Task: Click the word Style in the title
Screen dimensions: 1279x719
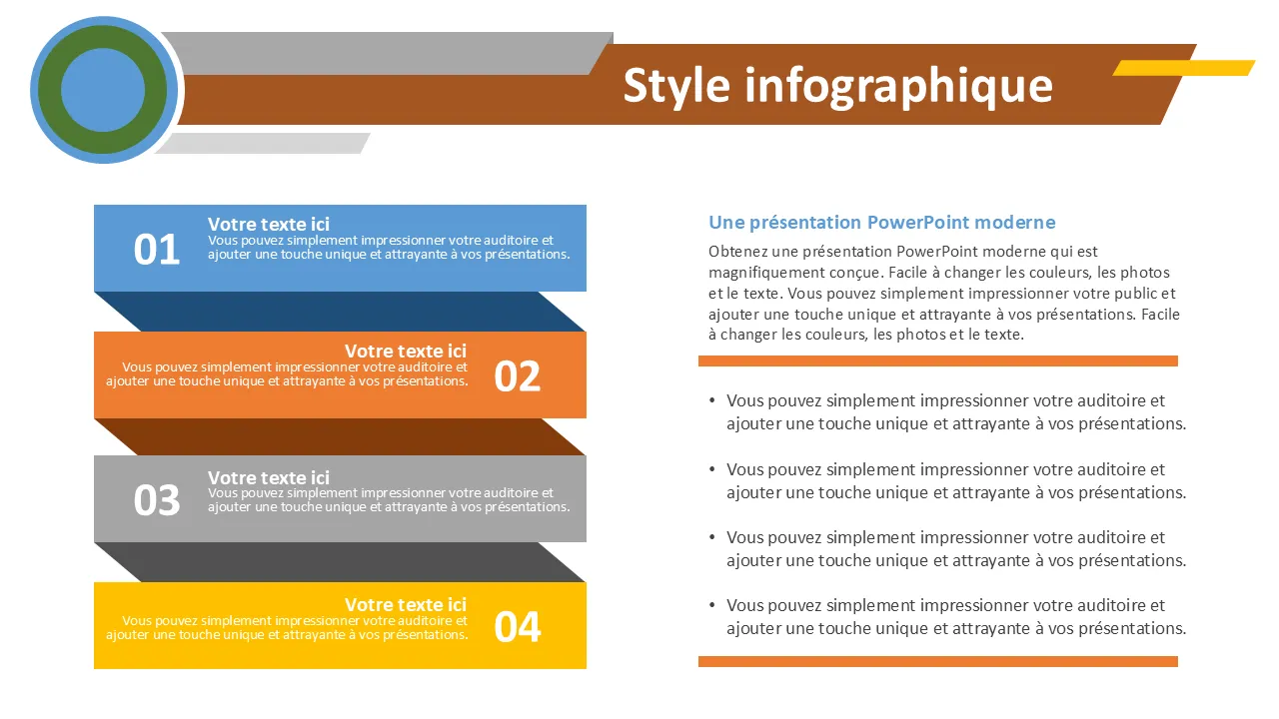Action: [676, 87]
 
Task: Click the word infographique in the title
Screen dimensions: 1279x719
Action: [898, 87]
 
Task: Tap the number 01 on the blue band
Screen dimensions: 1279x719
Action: [157, 250]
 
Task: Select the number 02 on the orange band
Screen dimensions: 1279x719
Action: [518, 376]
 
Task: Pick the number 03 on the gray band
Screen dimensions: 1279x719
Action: [157, 500]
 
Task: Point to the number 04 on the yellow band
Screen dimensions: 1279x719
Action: [518, 627]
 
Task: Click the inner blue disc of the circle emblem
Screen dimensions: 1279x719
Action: [103, 90]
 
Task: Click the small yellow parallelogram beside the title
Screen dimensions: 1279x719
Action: [1184, 67]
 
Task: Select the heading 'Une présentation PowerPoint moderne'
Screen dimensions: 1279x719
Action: [881, 222]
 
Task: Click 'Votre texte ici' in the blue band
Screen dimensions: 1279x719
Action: [269, 224]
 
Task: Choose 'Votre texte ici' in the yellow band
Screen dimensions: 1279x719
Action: [406, 604]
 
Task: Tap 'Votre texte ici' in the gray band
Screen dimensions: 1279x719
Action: [269, 477]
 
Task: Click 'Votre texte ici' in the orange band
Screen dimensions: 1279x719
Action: [406, 351]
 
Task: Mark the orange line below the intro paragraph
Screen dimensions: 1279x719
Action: [938, 360]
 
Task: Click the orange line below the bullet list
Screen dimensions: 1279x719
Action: [938, 661]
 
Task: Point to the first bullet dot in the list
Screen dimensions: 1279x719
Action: [712, 400]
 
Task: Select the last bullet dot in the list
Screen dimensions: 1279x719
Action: [712, 605]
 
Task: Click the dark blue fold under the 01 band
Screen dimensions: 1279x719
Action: [340, 312]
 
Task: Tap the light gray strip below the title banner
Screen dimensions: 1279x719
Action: [263, 143]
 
